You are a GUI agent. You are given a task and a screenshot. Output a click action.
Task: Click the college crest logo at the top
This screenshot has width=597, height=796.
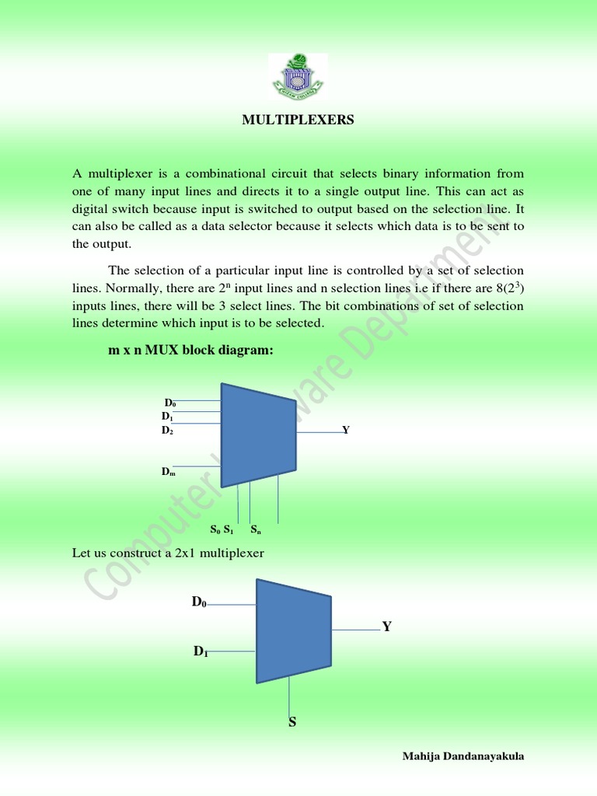click(x=298, y=76)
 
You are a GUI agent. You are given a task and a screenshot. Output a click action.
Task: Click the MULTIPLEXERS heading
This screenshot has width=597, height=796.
click(x=298, y=120)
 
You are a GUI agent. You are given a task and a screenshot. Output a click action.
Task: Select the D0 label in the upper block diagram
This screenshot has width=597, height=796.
click(x=170, y=403)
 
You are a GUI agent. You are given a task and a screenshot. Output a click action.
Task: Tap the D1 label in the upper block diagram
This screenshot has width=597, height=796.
click(x=167, y=417)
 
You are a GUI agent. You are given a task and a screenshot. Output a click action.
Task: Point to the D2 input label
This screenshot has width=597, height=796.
click(x=167, y=430)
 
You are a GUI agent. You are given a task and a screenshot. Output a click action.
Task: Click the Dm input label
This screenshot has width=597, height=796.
click(x=168, y=472)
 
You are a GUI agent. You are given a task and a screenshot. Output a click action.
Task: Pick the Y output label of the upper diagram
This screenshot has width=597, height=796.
click(x=346, y=430)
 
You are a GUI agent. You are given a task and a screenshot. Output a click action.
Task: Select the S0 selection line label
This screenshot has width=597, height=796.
click(x=215, y=531)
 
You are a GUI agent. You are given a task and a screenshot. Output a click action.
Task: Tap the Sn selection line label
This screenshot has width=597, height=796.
click(x=255, y=531)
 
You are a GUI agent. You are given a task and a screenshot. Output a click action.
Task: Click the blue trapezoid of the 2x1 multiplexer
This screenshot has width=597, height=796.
click(x=293, y=630)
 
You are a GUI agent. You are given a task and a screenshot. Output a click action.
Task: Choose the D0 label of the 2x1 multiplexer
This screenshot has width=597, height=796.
click(x=200, y=602)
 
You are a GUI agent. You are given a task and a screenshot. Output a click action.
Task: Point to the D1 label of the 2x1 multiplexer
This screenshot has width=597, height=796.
click(x=201, y=651)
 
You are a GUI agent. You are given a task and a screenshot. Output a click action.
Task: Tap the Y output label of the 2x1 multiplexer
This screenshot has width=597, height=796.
click(x=386, y=627)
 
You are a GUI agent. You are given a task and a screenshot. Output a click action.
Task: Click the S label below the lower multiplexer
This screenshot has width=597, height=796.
click(x=292, y=722)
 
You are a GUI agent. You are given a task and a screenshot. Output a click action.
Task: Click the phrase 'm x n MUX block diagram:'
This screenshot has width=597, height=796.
click(x=190, y=351)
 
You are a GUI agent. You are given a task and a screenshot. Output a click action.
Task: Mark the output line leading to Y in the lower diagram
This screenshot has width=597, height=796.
click(x=356, y=629)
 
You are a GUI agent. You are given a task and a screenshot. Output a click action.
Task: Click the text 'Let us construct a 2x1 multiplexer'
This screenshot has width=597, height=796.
click(x=168, y=553)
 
